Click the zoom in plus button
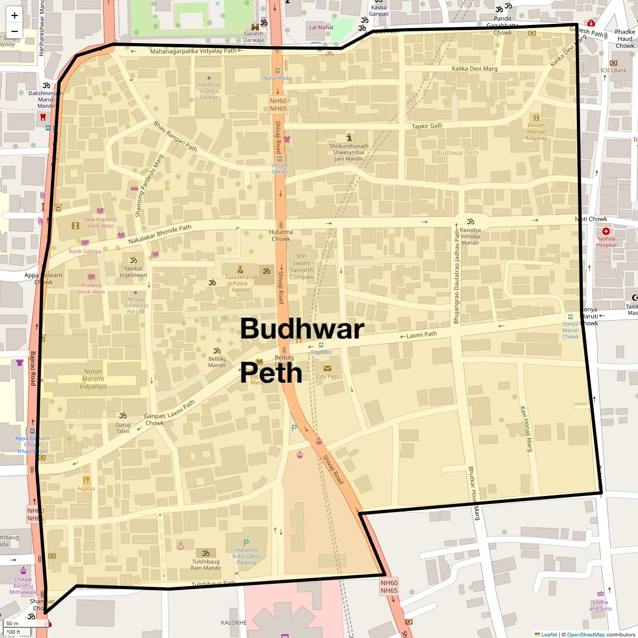point(14,15)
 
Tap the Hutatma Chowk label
point(281,236)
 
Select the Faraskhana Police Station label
point(240,283)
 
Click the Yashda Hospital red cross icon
point(606,231)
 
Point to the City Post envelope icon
point(327,368)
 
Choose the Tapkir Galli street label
point(427,126)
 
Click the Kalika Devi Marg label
point(474,69)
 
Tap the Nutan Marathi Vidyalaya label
point(93,379)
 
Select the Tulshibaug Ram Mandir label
point(206,565)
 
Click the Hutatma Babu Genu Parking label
point(246,556)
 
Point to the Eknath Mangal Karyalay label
point(536,132)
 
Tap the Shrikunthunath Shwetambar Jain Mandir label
point(349,152)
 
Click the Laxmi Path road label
point(422,335)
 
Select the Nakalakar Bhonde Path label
point(159,234)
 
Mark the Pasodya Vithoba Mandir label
point(470,237)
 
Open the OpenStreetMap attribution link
point(585,634)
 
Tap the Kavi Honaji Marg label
point(526,429)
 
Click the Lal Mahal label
point(321,27)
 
